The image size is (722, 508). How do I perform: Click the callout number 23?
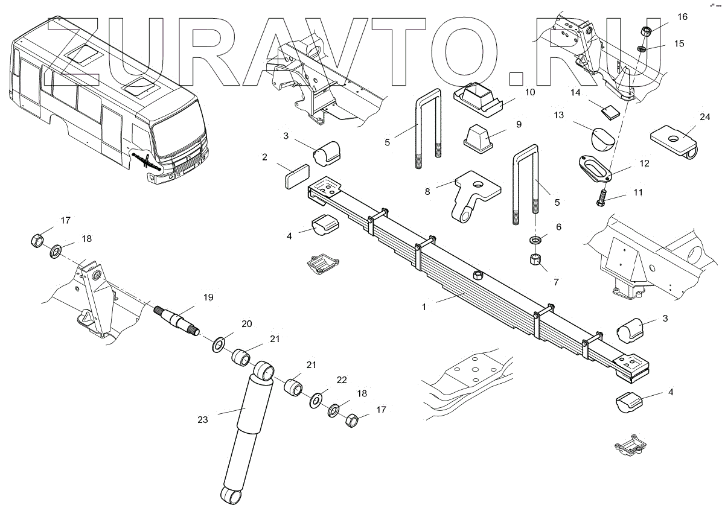pyautogui.click(x=203, y=420)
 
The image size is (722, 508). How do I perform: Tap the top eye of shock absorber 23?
pyautogui.click(x=263, y=369)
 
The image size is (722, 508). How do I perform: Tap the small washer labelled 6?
pyautogui.click(x=535, y=241)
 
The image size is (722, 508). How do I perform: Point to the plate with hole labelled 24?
pyautogui.click(x=675, y=138)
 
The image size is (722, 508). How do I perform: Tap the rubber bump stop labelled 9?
pyautogui.click(x=481, y=136)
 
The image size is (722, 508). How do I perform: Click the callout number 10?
pyautogui.click(x=529, y=92)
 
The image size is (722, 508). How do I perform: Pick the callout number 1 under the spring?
pyautogui.click(x=424, y=306)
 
